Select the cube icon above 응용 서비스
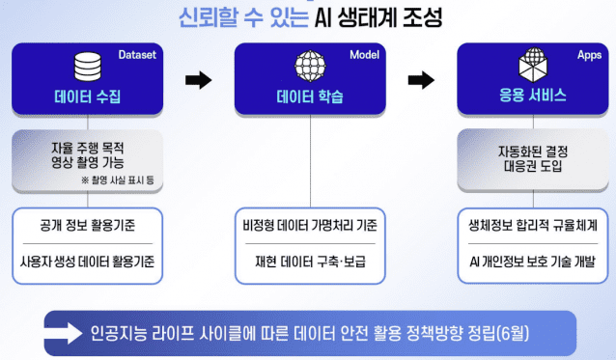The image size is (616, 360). [533, 67]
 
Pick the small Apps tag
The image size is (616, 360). [587, 56]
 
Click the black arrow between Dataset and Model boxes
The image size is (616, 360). [198, 80]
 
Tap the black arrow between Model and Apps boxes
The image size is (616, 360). [422, 80]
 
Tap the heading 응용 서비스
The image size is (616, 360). [533, 97]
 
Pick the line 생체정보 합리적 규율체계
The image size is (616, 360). [532, 228]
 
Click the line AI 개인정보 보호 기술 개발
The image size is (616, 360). [532, 262]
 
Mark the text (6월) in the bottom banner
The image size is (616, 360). [522, 334]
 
